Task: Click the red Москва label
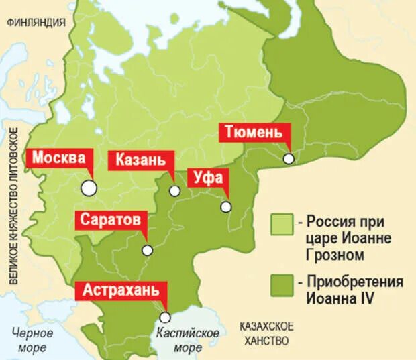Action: tap(59, 159)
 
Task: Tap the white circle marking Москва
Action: tap(89, 188)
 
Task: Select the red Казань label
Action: tap(140, 160)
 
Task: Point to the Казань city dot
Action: tap(174, 191)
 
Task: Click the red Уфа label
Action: tap(207, 178)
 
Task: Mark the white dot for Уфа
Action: tap(226, 206)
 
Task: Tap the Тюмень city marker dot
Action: tap(288, 159)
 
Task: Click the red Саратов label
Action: tap(110, 220)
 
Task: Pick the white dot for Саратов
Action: tap(147, 250)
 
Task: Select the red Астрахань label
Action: tap(121, 290)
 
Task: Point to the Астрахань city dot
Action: tap(164, 318)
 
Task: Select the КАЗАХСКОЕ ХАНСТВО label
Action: tap(265, 333)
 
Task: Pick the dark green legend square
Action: tap(282, 284)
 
